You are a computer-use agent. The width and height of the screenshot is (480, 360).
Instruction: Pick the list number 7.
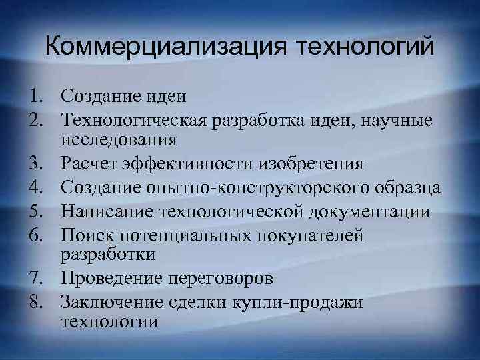[x=36, y=279]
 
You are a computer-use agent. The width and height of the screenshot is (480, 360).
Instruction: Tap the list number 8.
[x=36, y=302]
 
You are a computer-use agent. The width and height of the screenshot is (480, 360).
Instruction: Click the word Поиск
[x=84, y=234]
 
